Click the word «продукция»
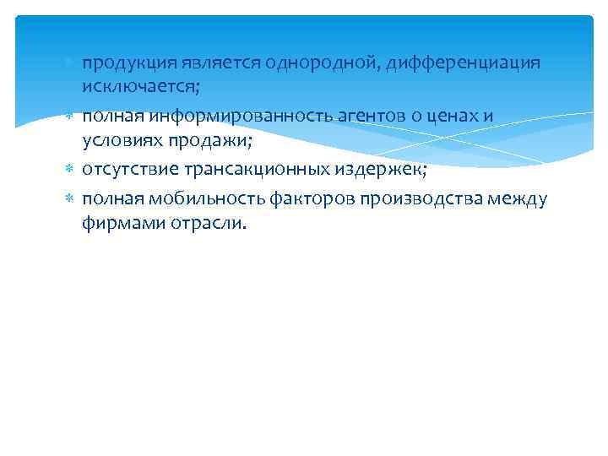[x=128, y=64]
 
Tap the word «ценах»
[x=432, y=117]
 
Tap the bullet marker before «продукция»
[x=70, y=64]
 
